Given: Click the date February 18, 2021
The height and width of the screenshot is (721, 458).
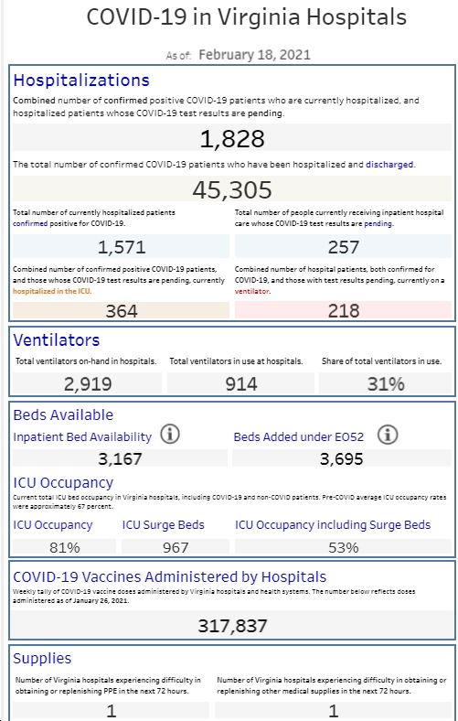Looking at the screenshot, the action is click(x=254, y=55).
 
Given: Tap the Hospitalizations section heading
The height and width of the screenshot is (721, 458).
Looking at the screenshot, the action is click(x=81, y=80).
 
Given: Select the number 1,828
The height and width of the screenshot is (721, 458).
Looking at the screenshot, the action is click(x=232, y=138).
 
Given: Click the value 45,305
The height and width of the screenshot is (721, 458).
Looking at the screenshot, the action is click(x=232, y=189).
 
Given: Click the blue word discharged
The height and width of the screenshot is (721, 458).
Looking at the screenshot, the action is click(x=389, y=164).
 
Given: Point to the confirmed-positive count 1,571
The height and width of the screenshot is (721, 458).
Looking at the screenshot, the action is click(x=122, y=247).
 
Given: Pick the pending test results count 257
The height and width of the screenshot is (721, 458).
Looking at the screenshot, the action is click(x=343, y=247).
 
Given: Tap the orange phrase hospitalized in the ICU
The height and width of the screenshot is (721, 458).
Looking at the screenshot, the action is click(x=52, y=291).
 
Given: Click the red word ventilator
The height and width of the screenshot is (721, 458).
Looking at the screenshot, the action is click(x=252, y=291).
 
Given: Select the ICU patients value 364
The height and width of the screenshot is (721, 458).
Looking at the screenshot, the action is click(x=122, y=311).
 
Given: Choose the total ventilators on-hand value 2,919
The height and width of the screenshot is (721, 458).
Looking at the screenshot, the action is click(x=88, y=384).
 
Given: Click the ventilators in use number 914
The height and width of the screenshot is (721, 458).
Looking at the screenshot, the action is click(x=240, y=384).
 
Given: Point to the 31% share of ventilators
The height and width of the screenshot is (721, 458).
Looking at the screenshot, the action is click(x=386, y=384).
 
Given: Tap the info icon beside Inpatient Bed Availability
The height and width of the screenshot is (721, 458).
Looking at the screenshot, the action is click(x=170, y=434).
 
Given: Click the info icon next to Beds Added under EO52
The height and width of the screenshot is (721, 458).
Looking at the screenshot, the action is click(x=388, y=435).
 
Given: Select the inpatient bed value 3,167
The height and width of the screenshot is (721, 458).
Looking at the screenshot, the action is click(x=120, y=458).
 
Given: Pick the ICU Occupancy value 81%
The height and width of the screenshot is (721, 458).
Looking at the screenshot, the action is click(x=64, y=547).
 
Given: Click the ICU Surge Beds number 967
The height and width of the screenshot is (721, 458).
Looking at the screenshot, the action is click(x=176, y=547).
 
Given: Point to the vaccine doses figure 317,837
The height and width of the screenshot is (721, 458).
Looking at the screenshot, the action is click(x=232, y=625).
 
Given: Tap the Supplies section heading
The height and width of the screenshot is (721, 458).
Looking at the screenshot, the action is click(x=42, y=658).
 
